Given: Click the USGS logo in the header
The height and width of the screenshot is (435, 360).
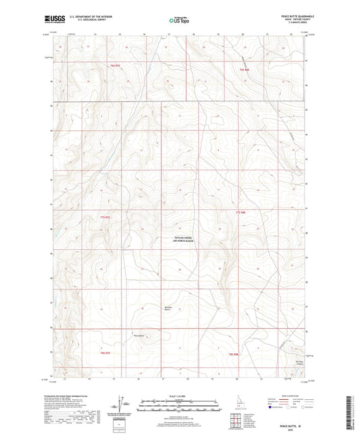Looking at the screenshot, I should [51, 20].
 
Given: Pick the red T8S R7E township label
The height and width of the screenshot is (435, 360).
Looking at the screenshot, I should [104, 353].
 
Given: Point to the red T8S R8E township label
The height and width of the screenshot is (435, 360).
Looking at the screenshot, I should [234, 354].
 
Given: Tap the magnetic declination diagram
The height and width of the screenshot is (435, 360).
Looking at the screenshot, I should [120, 405].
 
